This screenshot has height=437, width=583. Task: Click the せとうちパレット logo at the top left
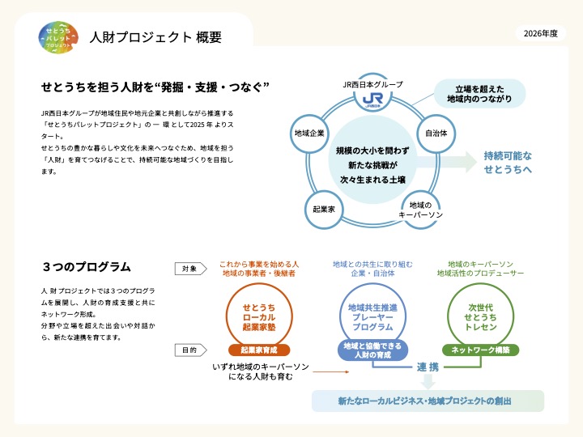pos(60,36)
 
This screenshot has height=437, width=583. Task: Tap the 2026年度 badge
pos(541,33)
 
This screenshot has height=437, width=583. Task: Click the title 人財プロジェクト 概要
pos(154,37)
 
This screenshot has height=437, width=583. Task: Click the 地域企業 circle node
pos(309,132)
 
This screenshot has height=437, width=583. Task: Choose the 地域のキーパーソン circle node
pos(420,210)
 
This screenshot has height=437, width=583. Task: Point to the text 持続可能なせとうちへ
pos(508,162)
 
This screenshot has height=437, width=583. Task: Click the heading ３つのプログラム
pos(87,266)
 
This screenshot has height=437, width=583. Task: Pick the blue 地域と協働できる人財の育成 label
pos(372,350)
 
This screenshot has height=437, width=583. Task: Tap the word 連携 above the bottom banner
pos(428,367)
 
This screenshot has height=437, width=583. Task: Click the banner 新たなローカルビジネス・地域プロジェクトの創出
pos(428,401)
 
